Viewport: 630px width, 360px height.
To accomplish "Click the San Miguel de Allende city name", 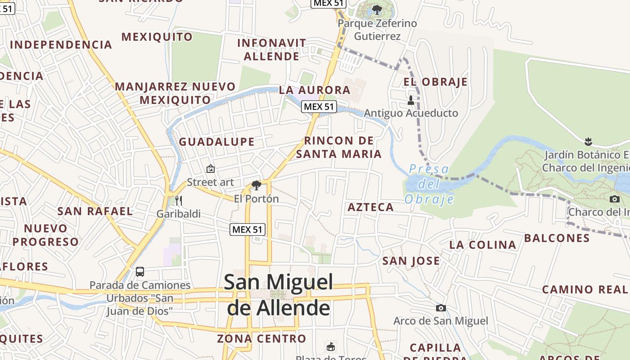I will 279,295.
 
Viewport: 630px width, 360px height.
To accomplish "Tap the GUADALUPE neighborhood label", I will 217,142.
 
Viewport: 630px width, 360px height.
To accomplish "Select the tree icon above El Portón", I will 256,185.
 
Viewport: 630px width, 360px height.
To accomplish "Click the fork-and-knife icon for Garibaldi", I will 179,200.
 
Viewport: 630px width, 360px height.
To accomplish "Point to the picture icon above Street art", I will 210,169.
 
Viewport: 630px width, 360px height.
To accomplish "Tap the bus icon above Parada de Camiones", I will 140,271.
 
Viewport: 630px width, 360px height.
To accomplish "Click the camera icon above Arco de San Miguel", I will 441,308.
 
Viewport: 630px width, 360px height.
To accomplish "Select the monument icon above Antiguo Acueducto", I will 410,100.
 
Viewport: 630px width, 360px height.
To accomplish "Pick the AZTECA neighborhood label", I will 371,207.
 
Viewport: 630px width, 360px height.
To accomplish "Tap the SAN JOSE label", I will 411,261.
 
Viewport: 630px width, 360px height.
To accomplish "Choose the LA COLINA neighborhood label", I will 483,245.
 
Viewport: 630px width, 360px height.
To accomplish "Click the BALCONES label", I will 557,238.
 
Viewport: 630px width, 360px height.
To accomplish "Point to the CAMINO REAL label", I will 585,289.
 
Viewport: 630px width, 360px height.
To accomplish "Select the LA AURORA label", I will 315,90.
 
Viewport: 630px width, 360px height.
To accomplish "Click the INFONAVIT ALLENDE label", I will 272,49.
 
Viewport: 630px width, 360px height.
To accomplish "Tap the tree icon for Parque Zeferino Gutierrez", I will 377,9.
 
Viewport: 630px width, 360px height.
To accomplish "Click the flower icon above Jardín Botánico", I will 588,141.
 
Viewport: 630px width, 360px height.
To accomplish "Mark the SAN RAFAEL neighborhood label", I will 95,211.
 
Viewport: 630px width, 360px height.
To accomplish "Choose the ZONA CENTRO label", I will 261,338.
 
